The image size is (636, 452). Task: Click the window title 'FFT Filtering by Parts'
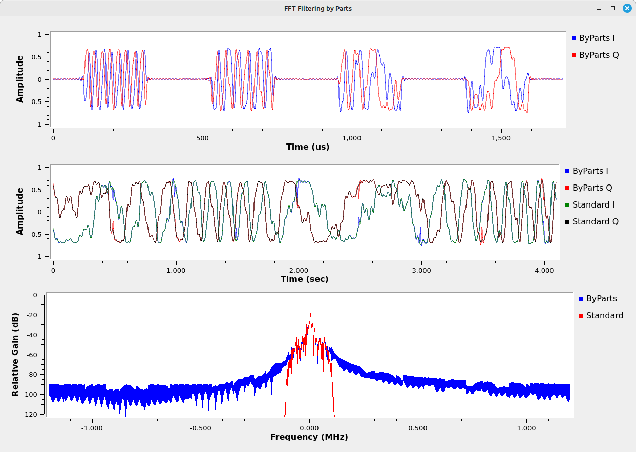coord(317,8)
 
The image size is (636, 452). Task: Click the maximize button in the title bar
coord(612,8)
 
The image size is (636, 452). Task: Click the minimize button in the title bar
coord(599,8)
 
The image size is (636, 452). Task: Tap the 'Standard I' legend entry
coord(593,204)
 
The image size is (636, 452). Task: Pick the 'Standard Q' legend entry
coord(595,221)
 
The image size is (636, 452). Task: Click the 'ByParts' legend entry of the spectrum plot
coord(601,298)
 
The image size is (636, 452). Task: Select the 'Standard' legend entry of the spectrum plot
coord(604,315)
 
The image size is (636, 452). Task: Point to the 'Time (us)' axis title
coord(307,147)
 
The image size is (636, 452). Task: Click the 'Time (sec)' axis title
coord(304,279)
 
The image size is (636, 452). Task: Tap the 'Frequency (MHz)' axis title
coord(309,437)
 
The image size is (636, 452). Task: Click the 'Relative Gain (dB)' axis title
coord(15,354)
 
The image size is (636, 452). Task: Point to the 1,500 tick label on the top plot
coord(500,138)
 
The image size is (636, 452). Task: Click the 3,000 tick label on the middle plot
coord(421,270)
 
